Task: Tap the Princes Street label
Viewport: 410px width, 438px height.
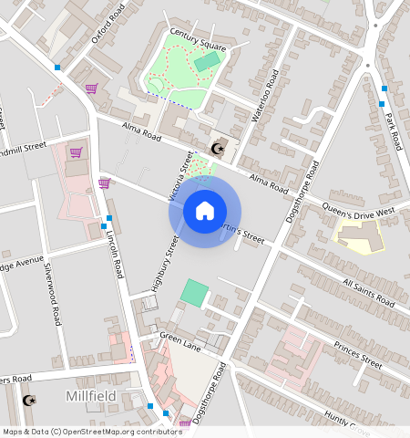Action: (x=357, y=355)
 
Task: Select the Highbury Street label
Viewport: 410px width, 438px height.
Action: (x=163, y=265)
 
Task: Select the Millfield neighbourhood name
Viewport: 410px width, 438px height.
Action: (x=91, y=396)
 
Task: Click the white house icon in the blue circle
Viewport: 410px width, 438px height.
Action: (x=204, y=212)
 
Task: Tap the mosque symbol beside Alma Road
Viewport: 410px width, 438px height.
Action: (x=217, y=149)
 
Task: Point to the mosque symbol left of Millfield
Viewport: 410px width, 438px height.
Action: (x=27, y=400)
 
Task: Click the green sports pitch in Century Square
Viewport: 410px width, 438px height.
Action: (x=207, y=62)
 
